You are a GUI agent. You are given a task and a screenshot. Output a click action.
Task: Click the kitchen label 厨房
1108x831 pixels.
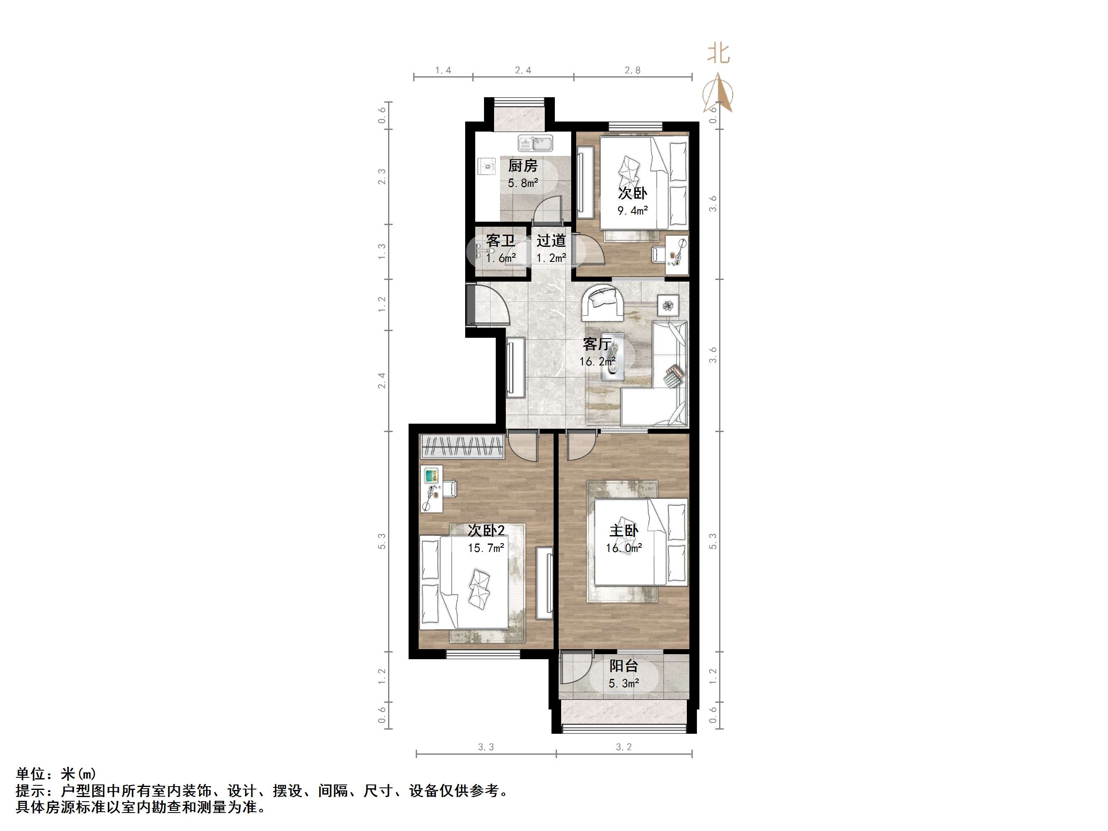click(x=523, y=165)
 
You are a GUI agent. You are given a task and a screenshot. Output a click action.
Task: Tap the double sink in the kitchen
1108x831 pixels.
click(x=535, y=144)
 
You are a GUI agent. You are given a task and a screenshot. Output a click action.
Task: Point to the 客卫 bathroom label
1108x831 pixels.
click(x=500, y=241)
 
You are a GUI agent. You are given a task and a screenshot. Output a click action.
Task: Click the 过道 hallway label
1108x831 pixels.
click(x=551, y=241)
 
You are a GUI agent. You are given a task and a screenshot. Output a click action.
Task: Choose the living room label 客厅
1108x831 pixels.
click(x=597, y=344)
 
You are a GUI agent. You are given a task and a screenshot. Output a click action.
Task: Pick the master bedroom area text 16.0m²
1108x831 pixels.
click(x=624, y=549)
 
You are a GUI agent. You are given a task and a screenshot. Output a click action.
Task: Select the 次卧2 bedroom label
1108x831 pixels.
click(x=486, y=530)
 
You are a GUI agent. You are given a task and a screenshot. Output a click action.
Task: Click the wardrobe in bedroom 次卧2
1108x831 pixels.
click(x=461, y=446)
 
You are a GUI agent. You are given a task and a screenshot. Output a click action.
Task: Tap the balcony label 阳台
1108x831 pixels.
click(x=624, y=666)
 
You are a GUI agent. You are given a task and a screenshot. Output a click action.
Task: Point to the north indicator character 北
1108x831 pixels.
click(x=718, y=54)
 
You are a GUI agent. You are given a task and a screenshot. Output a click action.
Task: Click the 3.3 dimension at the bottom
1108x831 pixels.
click(x=485, y=747)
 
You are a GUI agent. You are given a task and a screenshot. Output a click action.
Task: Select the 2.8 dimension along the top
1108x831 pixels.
click(x=632, y=70)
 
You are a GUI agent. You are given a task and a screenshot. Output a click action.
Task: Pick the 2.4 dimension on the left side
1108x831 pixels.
click(x=382, y=380)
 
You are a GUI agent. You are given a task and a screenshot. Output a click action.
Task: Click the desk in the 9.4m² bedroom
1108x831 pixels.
click(x=677, y=256)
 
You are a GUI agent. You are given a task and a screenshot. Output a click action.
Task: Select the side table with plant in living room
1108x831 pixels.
click(x=668, y=305)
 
